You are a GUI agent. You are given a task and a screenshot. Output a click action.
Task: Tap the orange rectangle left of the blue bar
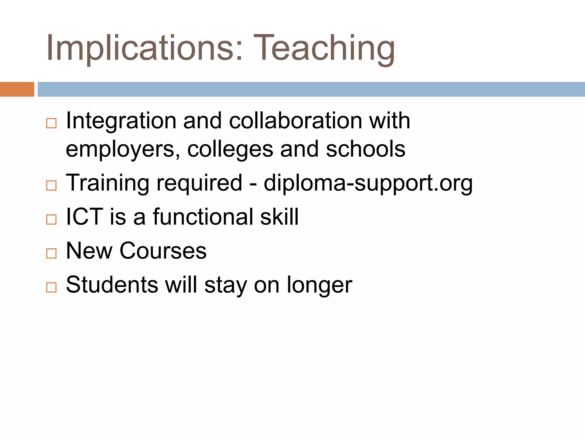(x=17, y=89)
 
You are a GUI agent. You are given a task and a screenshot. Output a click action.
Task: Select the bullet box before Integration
(x=51, y=123)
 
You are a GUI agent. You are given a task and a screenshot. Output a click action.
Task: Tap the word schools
(x=366, y=149)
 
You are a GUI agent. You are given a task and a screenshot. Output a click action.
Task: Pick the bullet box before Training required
(x=51, y=185)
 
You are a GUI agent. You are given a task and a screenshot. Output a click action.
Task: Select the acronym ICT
(x=84, y=217)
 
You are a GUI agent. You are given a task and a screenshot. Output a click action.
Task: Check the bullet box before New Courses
(x=51, y=253)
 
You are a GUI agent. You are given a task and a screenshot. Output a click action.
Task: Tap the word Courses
(x=163, y=251)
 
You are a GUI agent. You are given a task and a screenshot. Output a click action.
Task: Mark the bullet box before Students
(x=51, y=287)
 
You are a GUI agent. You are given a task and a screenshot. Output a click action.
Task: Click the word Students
(x=112, y=285)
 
